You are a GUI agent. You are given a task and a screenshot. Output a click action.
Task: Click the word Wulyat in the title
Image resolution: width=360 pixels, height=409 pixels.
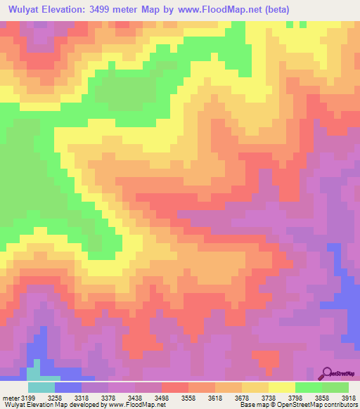click(27, 10)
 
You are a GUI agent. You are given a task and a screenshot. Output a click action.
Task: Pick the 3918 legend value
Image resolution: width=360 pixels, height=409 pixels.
click(349, 398)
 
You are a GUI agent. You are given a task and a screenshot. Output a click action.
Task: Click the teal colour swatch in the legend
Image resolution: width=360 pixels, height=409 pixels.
click(41, 387)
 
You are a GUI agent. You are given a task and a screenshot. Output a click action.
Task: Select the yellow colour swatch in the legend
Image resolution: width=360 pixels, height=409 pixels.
click(282, 387)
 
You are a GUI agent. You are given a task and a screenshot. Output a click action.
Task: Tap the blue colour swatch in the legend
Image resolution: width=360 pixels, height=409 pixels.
click(68, 387)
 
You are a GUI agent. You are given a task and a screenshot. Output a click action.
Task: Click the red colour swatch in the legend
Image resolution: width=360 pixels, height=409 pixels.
click(175, 387)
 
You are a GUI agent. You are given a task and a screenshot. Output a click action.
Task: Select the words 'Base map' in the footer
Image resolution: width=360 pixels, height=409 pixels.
click(251, 405)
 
